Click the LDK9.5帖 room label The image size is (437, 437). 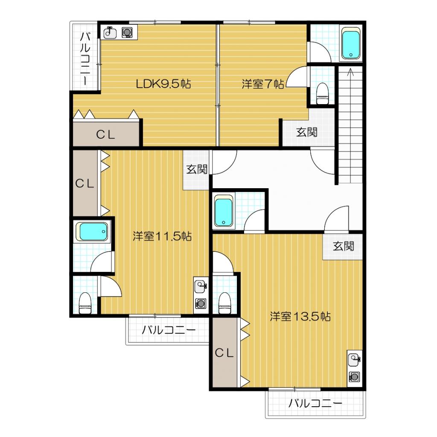pyautogui.click(x=163, y=84)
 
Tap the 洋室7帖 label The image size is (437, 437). pyautogui.click(x=263, y=84)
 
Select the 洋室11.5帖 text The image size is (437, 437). pyautogui.click(x=162, y=236)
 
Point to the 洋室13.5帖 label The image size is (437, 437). pyautogui.click(x=300, y=316)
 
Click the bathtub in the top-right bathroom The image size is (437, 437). pyautogui.click(x=351, y=44)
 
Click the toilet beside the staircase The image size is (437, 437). pyautogui.click(x=323, y=93)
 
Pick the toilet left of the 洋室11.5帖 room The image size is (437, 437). pyautogui.click(x=85, y=303)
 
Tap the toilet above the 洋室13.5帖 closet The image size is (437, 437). pyautogui.click(x=224, y=303)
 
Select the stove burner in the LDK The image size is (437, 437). pyautogui.click(x=127, y=32)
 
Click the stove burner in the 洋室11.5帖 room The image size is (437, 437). pyautogui.click(x=201, y=303)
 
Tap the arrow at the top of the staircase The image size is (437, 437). pyautogui.click(x=350, y=72)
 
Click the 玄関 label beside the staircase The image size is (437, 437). pyautogui.click(x=306, y=132)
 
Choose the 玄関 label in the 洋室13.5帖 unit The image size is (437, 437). pyautogui.click(x=344, y=246)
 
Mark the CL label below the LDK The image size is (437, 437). pyautogui.click(x=106, y=135)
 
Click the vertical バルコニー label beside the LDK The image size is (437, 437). pyautogui.click(x=85, y=58)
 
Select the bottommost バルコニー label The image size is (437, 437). pyautogui.click(x=315, y=403)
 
